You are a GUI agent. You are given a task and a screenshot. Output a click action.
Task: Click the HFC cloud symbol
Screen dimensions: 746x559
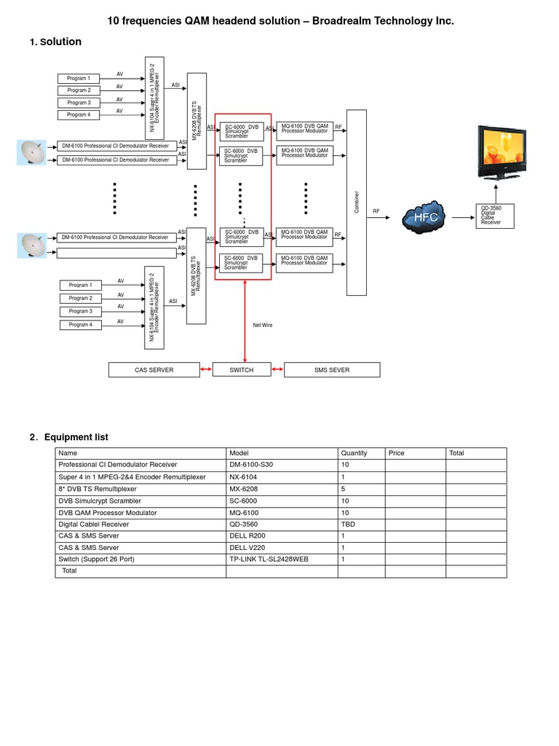coord(426,217)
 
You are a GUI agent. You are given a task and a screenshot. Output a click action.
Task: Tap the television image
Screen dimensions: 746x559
coord(501,152)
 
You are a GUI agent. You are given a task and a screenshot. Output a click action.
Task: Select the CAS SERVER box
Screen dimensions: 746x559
coord(154,370)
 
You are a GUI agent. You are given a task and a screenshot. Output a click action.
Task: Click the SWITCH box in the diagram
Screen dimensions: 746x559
coord(241,370)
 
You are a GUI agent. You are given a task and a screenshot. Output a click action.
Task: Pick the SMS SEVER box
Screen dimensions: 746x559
coord(332,370)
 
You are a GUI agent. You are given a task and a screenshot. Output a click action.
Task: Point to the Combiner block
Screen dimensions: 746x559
coord(357,202)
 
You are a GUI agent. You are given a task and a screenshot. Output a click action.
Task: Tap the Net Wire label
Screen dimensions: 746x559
coord(263,325)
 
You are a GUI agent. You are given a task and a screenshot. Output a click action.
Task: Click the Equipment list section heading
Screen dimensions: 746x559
coord(76,437)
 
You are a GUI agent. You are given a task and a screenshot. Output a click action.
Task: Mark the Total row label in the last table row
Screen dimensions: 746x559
coord(69,571)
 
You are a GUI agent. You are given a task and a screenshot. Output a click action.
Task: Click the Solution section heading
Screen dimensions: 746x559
coord(60,42)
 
